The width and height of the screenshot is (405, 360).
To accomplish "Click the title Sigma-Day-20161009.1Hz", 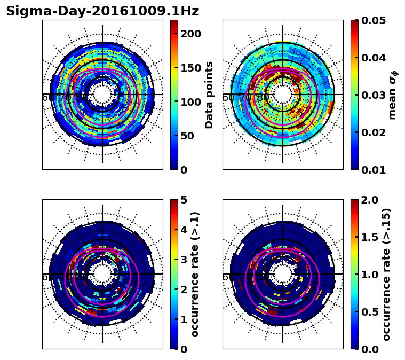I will (x=102, y=11).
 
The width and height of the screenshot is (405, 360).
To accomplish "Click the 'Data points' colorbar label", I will (x=209, y=95).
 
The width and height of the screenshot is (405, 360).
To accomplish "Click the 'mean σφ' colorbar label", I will (x=393, y=95).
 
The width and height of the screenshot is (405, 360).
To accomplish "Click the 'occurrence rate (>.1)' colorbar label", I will (x=195, y=274).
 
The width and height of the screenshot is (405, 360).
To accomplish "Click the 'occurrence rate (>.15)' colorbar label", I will (x=387, y=274).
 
